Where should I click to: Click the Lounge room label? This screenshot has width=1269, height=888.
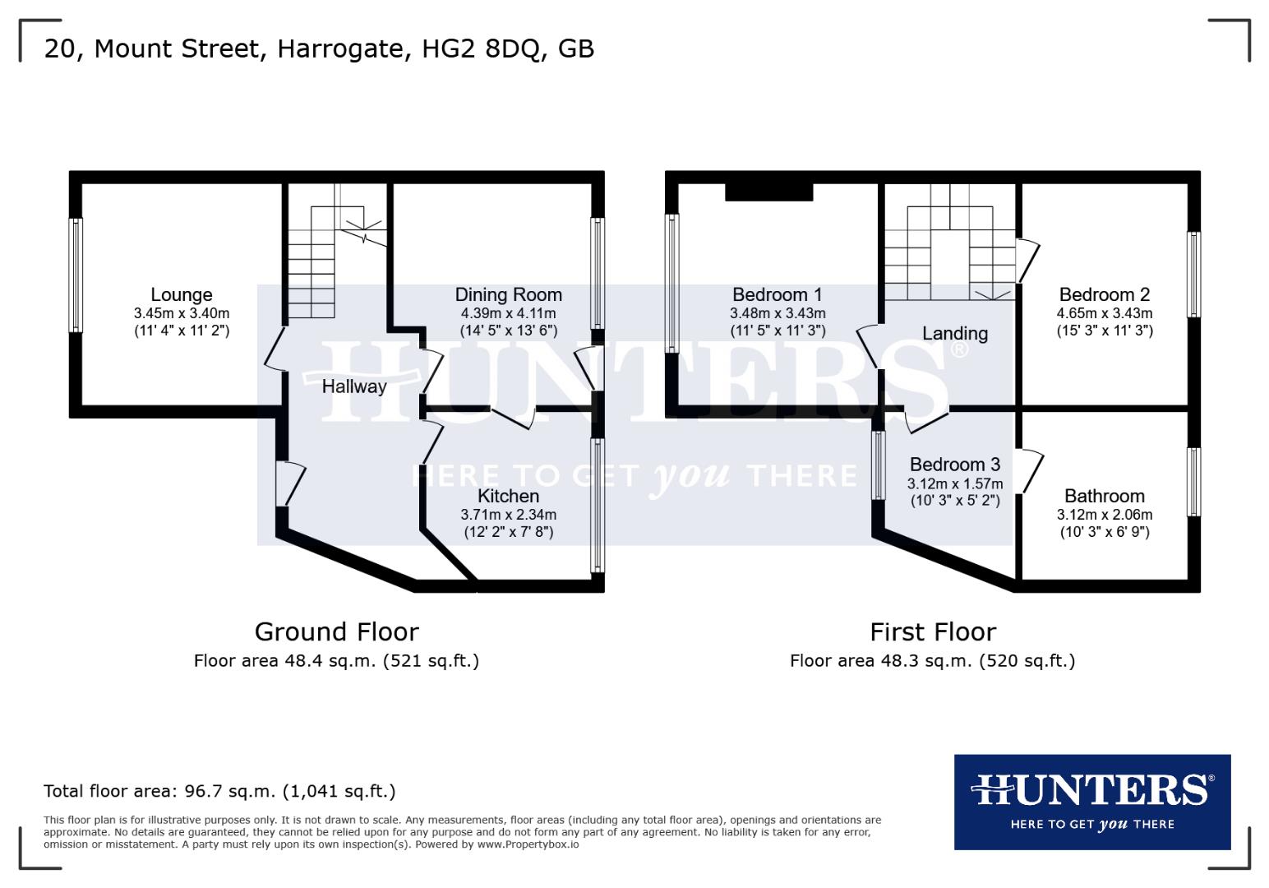181,294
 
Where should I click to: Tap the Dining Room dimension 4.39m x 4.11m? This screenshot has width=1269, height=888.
508,313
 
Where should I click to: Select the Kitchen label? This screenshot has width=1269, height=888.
508,496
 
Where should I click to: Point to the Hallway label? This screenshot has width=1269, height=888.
353,386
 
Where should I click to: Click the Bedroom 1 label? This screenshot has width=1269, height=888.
777,294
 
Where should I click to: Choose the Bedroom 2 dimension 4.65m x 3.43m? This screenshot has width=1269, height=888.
1104,313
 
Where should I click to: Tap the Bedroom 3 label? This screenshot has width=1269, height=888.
954,465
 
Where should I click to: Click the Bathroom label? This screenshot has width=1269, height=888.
1104,496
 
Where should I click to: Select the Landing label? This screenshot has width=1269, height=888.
954,334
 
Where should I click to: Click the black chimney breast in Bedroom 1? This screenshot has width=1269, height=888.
768,192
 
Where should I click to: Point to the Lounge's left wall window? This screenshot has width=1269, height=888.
76,275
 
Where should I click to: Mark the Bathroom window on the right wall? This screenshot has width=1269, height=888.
1193,482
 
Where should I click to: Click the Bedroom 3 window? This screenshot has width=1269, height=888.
879,465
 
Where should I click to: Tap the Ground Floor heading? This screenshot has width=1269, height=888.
336,631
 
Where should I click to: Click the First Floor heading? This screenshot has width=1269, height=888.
933,631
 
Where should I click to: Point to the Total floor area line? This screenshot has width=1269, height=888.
219,791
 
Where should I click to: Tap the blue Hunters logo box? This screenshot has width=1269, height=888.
1091,802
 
